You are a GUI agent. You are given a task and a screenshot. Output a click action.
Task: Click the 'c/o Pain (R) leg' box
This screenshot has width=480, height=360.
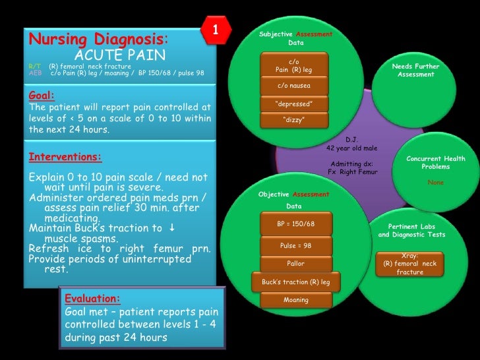pyautogui.click(x=293, y=65)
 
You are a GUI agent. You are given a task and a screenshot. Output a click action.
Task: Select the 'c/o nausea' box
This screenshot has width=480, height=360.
pyautogui.click(x=293, y=86)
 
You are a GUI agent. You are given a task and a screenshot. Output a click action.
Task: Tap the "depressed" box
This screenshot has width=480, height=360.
pyautogui.click(x=293, y=104)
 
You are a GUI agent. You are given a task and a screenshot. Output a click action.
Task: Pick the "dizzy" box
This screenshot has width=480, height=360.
pyautogui.click(x=293, y=119)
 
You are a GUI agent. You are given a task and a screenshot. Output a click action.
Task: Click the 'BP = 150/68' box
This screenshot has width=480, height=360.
pyautogui.click(x=296, y=224)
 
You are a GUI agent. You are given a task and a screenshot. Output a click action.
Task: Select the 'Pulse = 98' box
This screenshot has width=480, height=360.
pyautogui.click(x=296, y=245)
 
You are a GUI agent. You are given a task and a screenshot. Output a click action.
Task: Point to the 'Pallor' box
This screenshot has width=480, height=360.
pyautogui.click(x=296, y=263)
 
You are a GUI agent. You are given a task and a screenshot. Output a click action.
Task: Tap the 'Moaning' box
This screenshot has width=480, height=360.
pyautogui.click(x=296, y=300)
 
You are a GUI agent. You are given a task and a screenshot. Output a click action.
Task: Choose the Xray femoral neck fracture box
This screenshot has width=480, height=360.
pyautogui.click(x=415, y=264)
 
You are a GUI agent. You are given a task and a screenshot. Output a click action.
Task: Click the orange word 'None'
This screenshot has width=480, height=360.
pyautogui.click(x=435, y=182)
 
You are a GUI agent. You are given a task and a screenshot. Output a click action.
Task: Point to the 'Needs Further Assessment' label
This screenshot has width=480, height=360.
pyautogui.click(x=415, y=71)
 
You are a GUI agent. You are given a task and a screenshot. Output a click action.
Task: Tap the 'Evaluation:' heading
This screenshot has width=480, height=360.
pyautogui.click(x=92, y=299)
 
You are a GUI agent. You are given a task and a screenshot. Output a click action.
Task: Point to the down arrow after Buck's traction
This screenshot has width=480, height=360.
pyautogui.click(x=171, y=228)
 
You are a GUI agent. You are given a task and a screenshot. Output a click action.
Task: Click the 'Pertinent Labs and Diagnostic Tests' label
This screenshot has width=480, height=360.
pyautogui.click(x=412, y=231)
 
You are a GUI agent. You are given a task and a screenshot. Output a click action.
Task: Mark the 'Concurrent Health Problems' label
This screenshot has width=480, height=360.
pyautogui.click(x=435, y=162)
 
